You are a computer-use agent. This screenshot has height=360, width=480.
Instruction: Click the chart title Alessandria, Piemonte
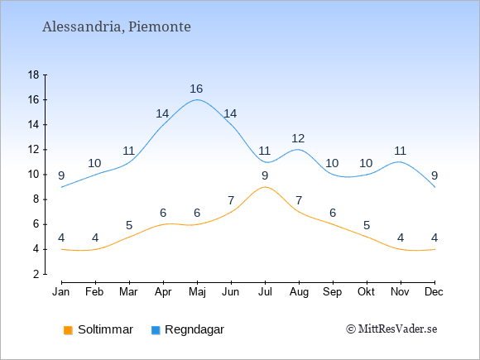click(x=117, y=26)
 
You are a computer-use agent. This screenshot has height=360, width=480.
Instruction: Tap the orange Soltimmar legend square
click(x=68, y=330)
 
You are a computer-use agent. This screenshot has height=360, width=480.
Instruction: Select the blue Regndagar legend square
click(x=156, y=330)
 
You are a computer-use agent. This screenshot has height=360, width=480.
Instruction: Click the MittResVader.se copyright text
click(x=391, y=329)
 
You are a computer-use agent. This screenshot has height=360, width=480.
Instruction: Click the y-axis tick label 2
click(x=36, y=274)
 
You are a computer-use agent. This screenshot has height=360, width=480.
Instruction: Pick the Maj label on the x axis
click(x=197, y=292)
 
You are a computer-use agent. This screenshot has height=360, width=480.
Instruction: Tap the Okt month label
click(x=366, y=292)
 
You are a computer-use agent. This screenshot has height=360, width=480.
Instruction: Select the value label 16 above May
click(x=196, y=89)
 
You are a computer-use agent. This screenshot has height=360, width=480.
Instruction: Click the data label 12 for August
click(x=298, y=138)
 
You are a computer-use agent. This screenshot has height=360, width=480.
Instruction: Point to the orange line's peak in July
click(x=265, y=187)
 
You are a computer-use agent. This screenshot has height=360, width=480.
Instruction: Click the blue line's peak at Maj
click(x=197, y=99)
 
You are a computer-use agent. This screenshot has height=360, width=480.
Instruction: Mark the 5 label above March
click(x=129, y=225)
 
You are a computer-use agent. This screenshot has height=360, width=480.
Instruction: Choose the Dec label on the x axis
click(x=434, y=292)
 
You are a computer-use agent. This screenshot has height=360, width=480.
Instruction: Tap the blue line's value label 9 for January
click(x=61, y=175)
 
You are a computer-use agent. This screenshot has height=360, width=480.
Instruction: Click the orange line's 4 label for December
click(x=434, y=238)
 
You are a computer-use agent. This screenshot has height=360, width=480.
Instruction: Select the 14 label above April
click(x=162, y=113)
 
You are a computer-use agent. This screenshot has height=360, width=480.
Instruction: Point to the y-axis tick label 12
click(x=34, y=150)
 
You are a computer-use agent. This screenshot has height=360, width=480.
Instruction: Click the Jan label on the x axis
click(x=61, y=292)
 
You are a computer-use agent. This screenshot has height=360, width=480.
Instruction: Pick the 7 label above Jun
click(x=231, y=200)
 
